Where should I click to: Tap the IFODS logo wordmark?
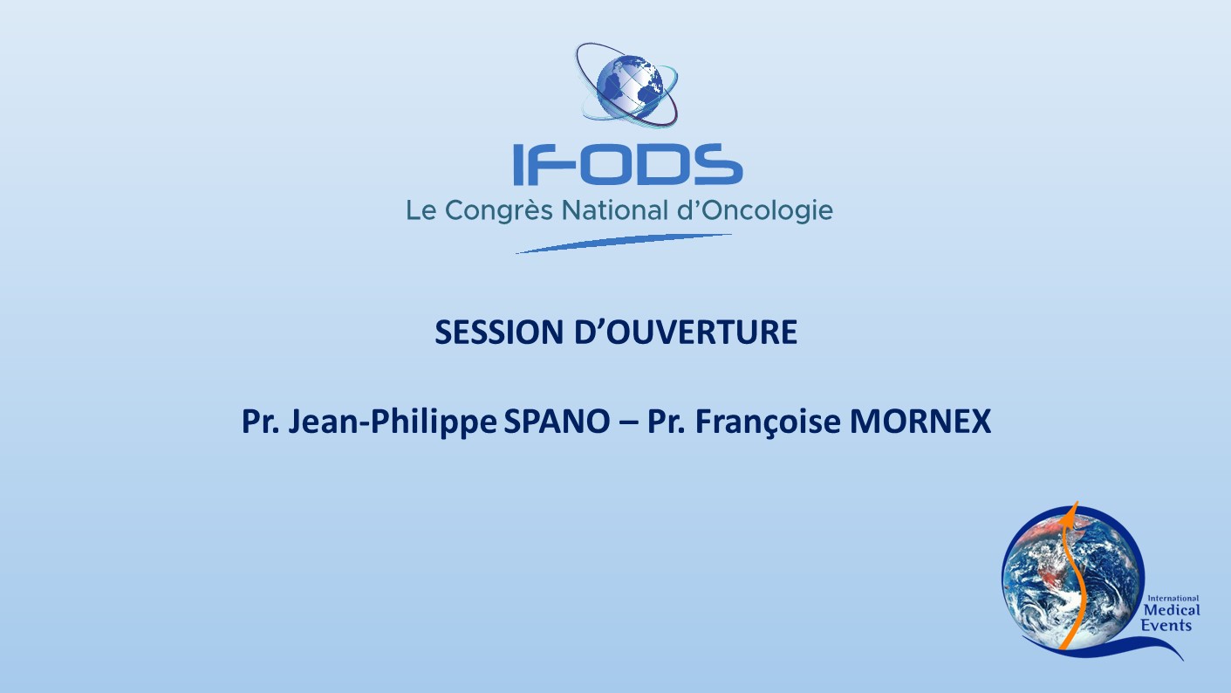tap(627, 164)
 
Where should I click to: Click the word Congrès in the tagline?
tap(498, 210)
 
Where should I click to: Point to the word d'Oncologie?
tap(756, 210)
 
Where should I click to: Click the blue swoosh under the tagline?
tap(624, 244)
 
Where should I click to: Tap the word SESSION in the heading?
tap(499, 333)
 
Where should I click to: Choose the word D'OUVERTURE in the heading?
tap(686, 333)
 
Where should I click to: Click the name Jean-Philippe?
tap(393, 422)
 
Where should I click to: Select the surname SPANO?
tap(557, 422)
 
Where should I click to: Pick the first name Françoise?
tap(769, 422)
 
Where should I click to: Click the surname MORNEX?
tap(920, 422)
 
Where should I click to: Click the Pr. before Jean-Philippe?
tap(261, 422)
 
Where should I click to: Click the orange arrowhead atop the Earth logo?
tap(1071, 511)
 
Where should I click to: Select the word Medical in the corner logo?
tap(1172, 610)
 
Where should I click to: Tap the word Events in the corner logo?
tap(1166, 625)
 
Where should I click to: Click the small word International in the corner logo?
tap(1173, 598)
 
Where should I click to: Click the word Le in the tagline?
tap(421, 210)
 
